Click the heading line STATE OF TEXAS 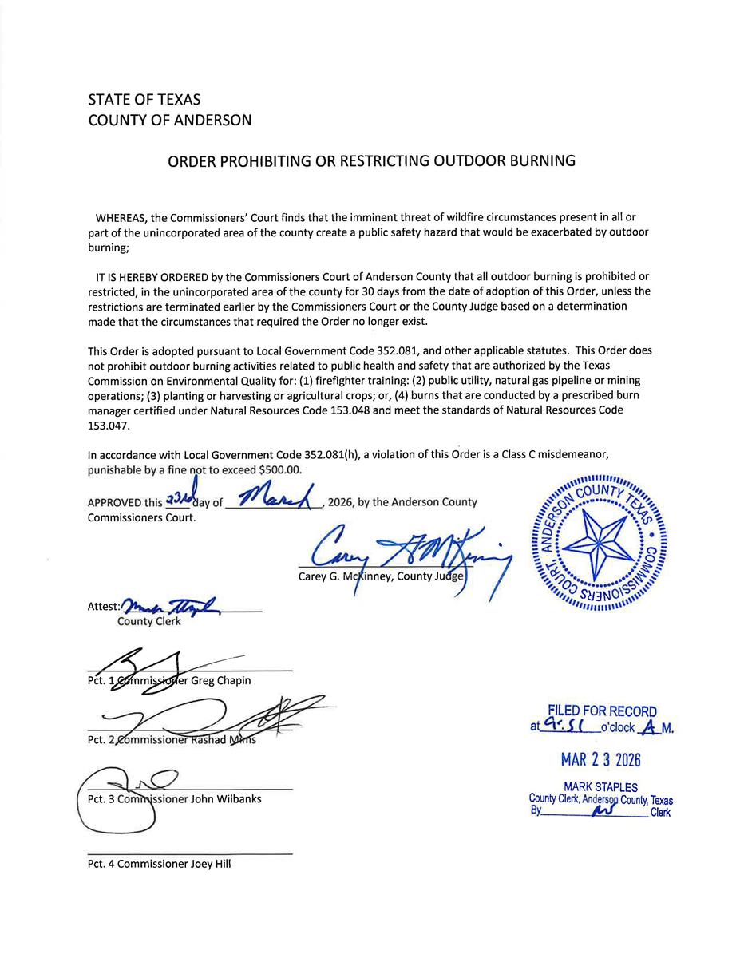coord(144,101)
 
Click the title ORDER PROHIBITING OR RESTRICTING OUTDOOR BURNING coord(371,160)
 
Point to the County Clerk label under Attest coord(149,621)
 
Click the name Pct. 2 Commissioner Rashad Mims coord(172,740)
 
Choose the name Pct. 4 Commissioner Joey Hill coord(159,863)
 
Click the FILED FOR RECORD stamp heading coord(602,711)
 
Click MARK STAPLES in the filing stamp coord(600,787)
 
